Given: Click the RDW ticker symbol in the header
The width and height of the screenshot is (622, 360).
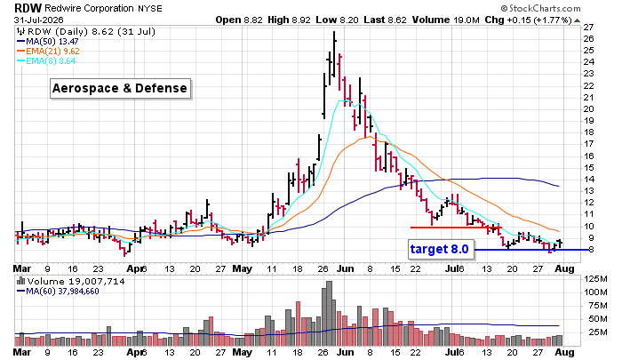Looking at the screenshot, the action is tap(28, 7).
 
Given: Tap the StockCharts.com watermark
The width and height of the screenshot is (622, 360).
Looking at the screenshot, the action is tap(541, 8).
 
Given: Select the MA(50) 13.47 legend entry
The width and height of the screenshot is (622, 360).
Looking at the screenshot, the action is tap(48, 41).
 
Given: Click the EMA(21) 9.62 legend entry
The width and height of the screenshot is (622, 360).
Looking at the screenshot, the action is tap(48, 52).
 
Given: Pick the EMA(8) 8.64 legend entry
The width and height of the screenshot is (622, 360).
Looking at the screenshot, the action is tap(46, 61).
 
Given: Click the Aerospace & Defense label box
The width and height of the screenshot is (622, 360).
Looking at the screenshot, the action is tap(120, 88).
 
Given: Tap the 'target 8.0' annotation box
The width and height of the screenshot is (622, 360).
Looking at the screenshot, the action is tap(441, 249).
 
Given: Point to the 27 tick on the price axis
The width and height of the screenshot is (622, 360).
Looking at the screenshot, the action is tap(588, 27).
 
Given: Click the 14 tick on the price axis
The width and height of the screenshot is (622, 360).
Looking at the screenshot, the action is tap(588, 179).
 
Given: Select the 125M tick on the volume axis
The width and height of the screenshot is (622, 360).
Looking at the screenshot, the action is tap(595, 279).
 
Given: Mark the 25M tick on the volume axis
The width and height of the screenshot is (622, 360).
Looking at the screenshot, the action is tap(598, 332).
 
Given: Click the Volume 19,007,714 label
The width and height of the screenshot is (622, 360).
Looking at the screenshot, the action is tap(70, 282).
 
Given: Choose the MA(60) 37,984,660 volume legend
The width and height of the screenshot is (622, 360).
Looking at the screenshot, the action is tap(58, 292).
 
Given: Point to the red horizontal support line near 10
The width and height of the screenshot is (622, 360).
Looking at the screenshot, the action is tap(456, 228).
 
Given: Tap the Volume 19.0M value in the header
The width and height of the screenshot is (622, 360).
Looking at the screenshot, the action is tap(445, 20).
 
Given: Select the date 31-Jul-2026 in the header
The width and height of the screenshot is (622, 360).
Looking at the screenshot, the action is tap(38, 20).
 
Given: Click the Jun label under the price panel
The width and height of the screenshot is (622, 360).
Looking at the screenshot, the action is tap(346, 268).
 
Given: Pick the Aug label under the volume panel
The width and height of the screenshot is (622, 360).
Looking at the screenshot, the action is tap(564, 352).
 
